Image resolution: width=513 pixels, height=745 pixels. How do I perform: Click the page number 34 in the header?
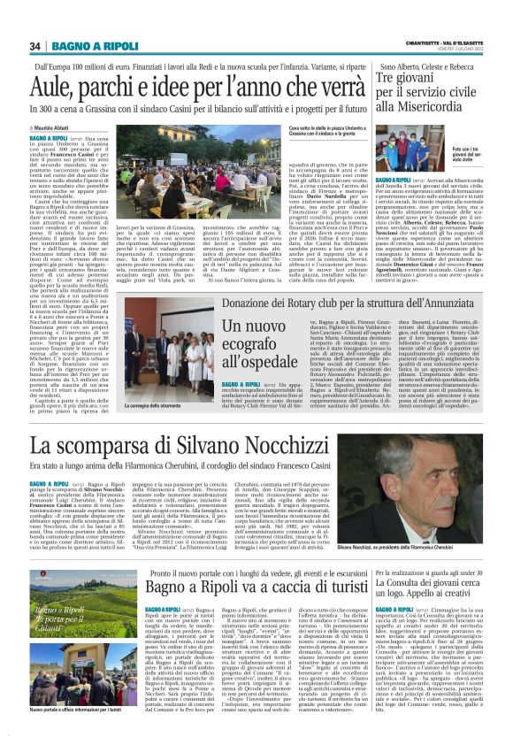click(x=35, y=46)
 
